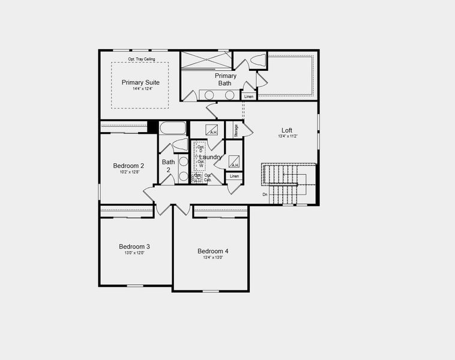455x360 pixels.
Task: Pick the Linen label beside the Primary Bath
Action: click(249, 96)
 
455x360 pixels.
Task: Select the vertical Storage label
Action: click(236, 130)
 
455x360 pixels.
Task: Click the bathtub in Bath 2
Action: click(173, 128)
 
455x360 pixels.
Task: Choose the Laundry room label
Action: click(211, 157)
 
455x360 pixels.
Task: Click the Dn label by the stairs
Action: click(265, 194)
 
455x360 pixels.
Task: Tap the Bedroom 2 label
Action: click(128, 166)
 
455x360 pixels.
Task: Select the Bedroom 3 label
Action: click(134, 247)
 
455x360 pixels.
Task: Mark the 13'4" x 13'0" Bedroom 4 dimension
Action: click(213, 257)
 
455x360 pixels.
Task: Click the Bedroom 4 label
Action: click(213, 251)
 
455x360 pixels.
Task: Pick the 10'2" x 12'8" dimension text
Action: click(128, 172)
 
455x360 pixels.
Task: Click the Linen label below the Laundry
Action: click(234, 176)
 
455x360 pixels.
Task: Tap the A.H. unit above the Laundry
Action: click(211, 129)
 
